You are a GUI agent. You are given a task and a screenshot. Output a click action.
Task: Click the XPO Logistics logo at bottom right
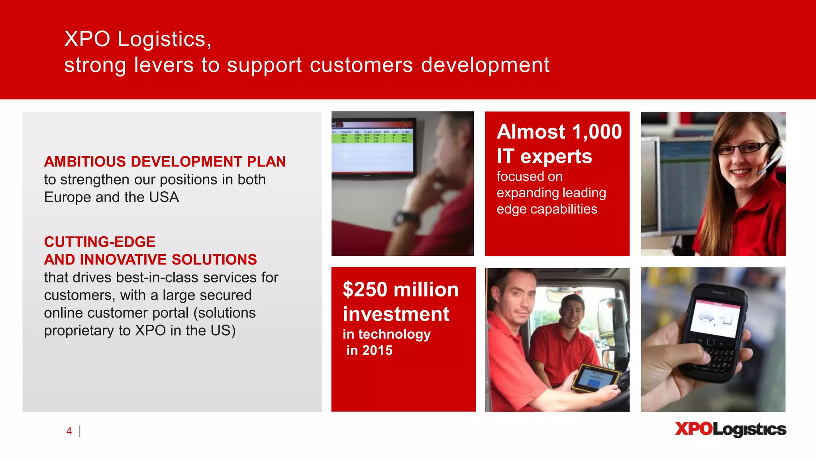click(730, 430)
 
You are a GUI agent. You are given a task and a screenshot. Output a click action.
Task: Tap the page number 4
click(69, 431)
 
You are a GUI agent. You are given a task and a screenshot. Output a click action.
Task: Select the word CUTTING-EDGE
click(100, 242)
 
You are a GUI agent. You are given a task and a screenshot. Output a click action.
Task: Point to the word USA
click(164, 197)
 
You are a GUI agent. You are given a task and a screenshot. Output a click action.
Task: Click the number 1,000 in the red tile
click(596, 131)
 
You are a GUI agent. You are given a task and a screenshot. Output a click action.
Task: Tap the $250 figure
click(365, 289)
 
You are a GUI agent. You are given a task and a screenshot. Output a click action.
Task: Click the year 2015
click(377, 351)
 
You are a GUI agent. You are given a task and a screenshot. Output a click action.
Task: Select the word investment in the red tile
click(396, 314)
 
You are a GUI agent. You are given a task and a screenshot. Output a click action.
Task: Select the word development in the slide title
click(485, 65)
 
